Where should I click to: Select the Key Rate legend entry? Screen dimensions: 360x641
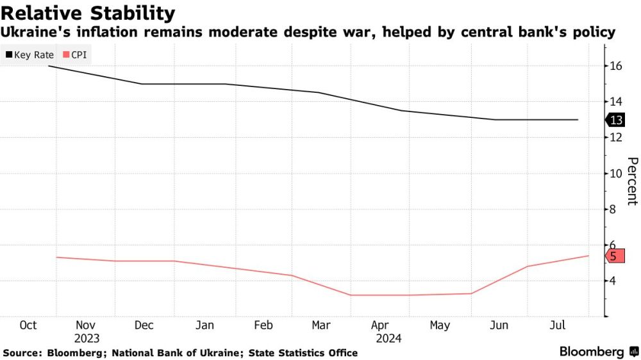(x=29, y=55)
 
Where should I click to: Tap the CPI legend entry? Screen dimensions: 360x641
(x=74, y=55)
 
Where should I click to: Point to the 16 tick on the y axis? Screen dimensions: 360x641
(x=616, y=66)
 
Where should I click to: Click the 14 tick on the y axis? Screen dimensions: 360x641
(x=616, y=102)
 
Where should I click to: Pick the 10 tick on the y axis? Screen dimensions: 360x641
(x=616, y=174)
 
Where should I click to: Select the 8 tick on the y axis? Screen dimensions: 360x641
(x=613, y=209)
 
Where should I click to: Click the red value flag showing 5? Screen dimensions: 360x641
(x=614, y=256)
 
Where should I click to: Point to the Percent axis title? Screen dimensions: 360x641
(x=631, y=181)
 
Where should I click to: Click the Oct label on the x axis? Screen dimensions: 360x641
(x=28, y=325)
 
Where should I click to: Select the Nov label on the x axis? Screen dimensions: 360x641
(x=85, y=325)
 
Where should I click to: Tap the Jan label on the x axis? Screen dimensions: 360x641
(x=204, y=325)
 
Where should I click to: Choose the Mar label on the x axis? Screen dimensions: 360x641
(x=321, y=325)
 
